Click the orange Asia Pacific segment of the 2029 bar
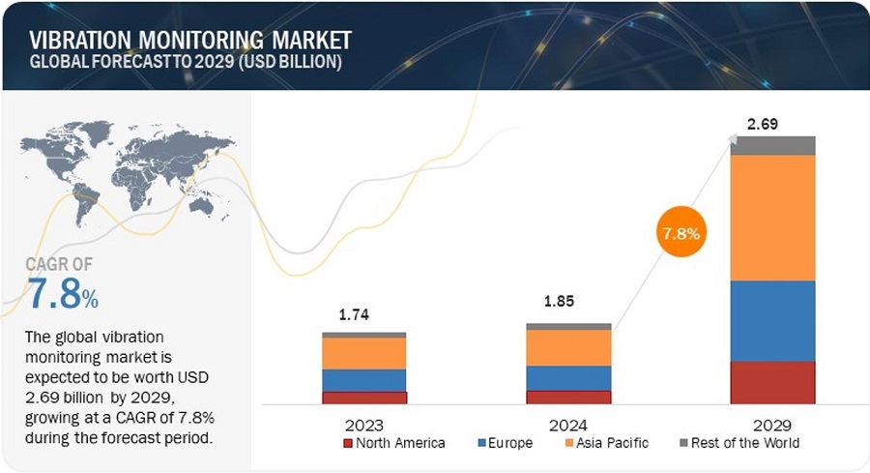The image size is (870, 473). [x=772, y=218]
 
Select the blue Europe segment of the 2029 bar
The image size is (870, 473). [x=772, y=320]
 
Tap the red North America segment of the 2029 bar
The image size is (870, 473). [x=772, y=381]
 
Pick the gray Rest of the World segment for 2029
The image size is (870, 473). [x=772, y=145]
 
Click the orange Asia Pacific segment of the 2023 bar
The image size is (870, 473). [x=363, y=352]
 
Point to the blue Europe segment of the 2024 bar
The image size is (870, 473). [x=568, y=377]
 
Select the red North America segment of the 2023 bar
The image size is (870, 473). [x=363, y=397]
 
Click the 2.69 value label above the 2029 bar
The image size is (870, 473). [x=763, y=124]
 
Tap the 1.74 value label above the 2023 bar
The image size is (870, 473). [x=354, y=314]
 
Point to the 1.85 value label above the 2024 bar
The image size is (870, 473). [x=559, y=302]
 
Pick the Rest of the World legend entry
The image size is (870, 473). [x=739, y=443]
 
